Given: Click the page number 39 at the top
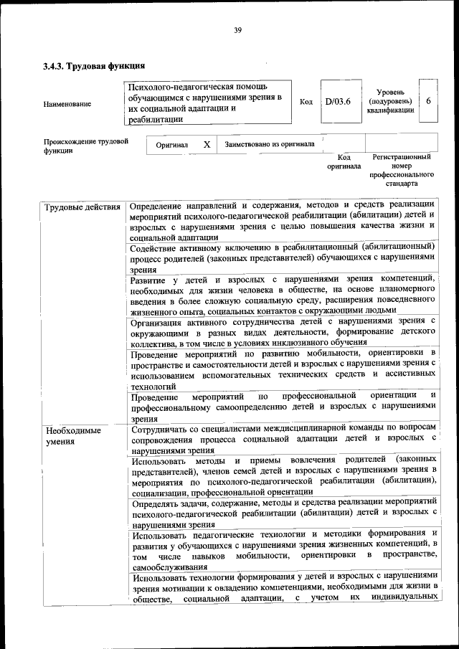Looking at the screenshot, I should click(237, 29).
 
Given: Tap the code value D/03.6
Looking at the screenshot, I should click(337, 101).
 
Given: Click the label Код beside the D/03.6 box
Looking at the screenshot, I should click(306, 102).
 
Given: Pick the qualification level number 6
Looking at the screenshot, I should click(428, 101).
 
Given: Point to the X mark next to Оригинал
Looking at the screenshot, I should click(207, 144).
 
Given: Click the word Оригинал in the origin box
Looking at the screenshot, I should click(172, 145).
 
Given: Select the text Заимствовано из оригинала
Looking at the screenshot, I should click(270, 144).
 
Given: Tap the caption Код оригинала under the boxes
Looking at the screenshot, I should click(344, 161).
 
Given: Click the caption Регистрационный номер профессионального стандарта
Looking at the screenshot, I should click(402, 170).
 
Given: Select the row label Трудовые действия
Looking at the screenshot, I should click(82, 209).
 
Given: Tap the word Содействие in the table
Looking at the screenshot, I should click(158, 248).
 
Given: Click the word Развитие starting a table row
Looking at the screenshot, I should click(151, 280).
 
